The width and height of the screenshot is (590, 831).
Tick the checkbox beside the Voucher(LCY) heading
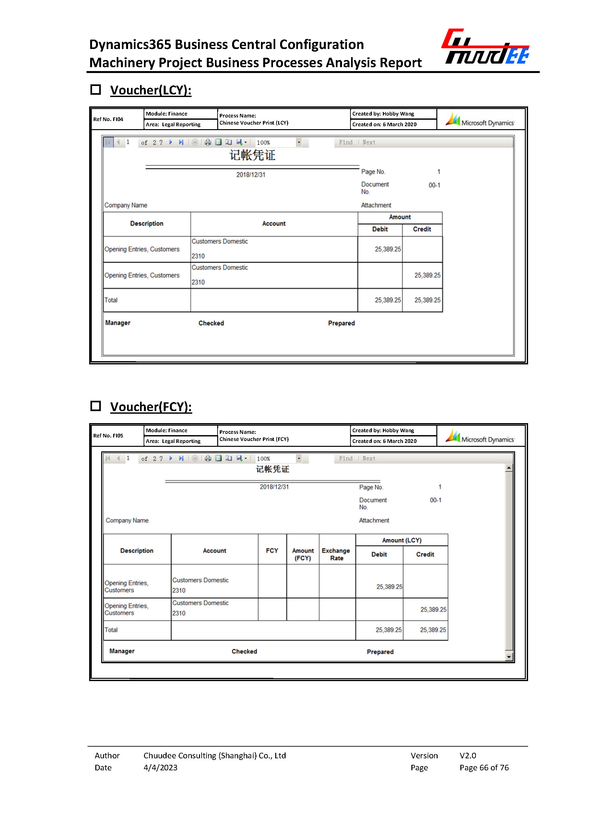coord(96,90)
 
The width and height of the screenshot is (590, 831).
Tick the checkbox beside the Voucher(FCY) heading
coord(96,406)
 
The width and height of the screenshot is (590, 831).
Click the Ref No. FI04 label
coord(108,119)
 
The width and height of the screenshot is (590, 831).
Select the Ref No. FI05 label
coord(108,436)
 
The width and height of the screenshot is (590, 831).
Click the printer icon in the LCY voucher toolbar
coord(208,142)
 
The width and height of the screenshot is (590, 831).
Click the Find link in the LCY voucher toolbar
coord(346,142)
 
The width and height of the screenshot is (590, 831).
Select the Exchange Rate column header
coord(336,554)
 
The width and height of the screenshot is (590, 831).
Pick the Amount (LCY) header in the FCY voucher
coord(401,540)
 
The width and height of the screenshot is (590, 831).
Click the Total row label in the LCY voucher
coord(111,300)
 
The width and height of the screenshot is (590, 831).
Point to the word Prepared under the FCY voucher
coord(380,652)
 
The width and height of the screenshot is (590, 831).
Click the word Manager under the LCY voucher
coord(118,323)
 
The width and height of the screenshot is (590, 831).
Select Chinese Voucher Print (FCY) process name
coord(254,439)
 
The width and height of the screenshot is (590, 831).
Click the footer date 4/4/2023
coord(160,768)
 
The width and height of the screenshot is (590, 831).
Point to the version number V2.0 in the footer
coord(467,756)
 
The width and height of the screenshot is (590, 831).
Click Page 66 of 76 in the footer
coord(484,768)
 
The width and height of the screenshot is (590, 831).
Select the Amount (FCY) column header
coord(303,554)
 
